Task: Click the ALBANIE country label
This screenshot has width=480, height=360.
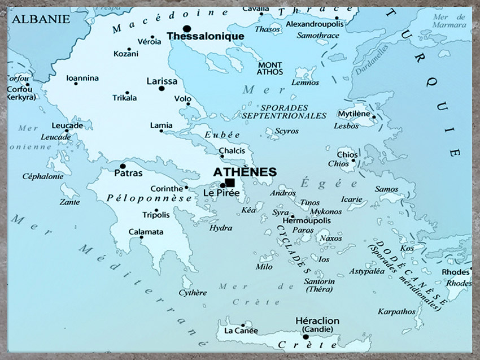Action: (x=41, y=19)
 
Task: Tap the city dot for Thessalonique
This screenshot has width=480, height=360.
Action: (x=187, y=28)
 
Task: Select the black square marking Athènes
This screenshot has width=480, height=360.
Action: (x=230, y=183)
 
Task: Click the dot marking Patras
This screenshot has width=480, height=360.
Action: (x=123, y=166)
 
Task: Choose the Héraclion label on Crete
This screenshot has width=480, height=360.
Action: (x=317, y=320)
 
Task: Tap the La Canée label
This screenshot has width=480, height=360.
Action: (x=241, y=330)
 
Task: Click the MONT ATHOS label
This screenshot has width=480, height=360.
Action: (x=269, y=68)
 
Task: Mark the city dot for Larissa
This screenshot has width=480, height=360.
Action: (x=162, y=89)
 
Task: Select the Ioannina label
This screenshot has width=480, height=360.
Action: (x=82, y=78)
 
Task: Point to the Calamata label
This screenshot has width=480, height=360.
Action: (x=146, y=232)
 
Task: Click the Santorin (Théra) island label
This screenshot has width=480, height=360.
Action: (x=319, y=285)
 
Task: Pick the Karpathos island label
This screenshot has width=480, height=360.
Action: (x=396, y=311)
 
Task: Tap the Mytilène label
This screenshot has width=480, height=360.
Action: (x=354, y=114)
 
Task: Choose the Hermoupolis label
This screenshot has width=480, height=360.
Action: (x=310, y=220)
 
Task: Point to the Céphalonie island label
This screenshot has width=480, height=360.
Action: (x=42, y=176)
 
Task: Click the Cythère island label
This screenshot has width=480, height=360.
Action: (x=193, y=293)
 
